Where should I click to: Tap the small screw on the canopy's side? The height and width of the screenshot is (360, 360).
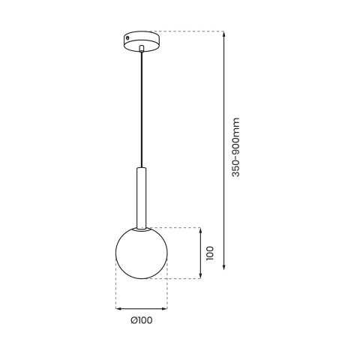[x=128, y=36]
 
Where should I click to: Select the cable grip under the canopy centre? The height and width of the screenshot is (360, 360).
[x=142, y=48]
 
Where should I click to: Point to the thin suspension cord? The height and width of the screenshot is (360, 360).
[x=142, y=105]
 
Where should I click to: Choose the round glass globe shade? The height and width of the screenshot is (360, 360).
[x=142, y=252]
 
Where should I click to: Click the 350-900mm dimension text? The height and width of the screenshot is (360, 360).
[x=235, y=147]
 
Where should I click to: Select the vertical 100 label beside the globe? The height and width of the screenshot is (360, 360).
[x=213, y=253]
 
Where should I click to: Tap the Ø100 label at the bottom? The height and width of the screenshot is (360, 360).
[x=141, y=321]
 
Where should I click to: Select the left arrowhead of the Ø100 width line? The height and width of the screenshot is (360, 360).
[x=118, y=308]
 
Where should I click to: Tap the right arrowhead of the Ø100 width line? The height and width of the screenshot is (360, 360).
[x=165, y=308]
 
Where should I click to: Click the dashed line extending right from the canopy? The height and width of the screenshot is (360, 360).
[x=187, y=31]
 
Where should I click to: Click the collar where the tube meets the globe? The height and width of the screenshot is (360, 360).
[x=142, y=225]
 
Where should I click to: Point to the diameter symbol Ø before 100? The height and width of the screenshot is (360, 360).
[x=133, y=321]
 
